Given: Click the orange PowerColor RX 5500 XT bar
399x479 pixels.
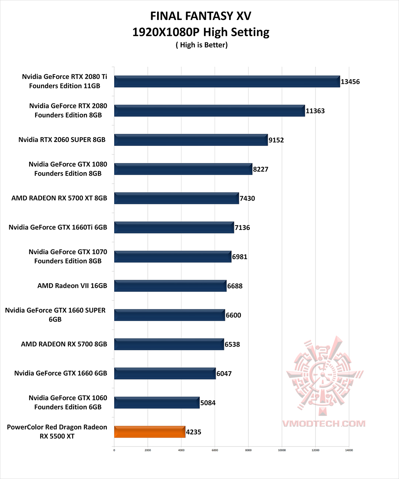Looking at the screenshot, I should point(150,432).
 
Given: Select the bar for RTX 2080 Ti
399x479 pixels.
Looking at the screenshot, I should point(227,81).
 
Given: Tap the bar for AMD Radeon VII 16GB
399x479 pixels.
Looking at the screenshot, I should point(170,286).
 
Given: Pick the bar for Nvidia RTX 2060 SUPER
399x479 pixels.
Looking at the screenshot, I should point(191,140).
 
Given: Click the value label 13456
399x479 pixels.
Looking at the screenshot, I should point(350,82).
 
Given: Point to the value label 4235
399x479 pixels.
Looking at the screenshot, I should point(194,432).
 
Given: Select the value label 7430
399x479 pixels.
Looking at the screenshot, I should point(247,198).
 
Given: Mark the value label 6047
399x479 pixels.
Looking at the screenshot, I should point(224,374).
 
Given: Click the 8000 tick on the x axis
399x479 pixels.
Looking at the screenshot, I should point(248,450).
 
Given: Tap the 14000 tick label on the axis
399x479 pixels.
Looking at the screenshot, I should point(349,450).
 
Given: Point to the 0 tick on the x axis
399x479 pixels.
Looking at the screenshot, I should point(114,450).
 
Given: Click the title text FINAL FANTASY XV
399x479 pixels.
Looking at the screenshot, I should point(201,16).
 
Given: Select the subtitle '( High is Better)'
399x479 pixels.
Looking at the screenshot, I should point(201,45).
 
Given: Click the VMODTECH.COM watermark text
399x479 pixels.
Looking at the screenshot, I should point(324,424).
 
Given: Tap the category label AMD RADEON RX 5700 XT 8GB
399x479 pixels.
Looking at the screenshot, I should point(59,198).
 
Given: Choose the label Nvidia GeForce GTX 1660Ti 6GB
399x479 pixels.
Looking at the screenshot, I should point(58,227).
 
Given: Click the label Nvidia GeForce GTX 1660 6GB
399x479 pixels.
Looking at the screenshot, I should point(61,373).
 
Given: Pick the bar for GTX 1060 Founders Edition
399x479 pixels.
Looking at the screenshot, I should point(157,402).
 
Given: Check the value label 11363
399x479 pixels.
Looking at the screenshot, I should point(315,111).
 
